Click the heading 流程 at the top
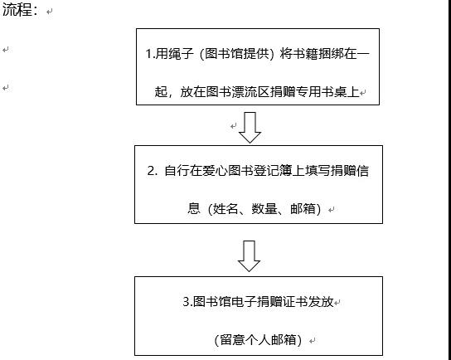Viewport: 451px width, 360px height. coord(16,10)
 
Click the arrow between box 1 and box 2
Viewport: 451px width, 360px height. coord(250,128)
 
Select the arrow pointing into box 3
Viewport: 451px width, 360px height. coord(249,256)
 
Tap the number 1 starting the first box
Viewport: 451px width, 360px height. coord(148,54)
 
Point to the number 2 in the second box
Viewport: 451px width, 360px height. coord(151,171)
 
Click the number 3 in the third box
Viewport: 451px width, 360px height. coord(186,302)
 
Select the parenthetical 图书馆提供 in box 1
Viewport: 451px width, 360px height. coord(237,54)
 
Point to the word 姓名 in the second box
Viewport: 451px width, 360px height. coord(225,209)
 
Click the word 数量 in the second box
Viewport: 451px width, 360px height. coord(264,209)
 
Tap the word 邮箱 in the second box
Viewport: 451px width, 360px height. coord(303,209)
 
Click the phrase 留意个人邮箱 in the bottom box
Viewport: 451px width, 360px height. coord(258,340)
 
